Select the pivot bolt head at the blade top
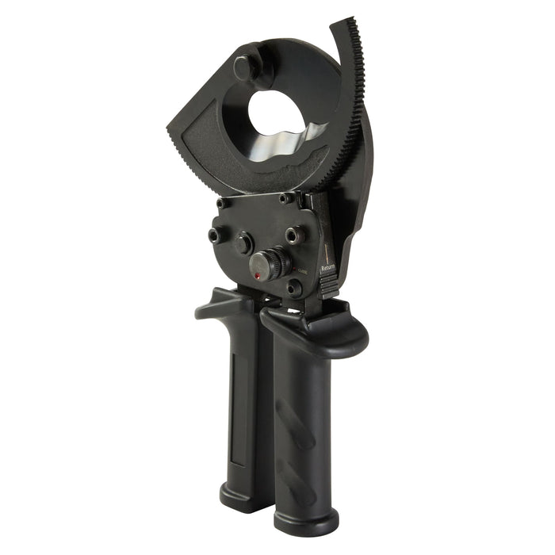[247, 66]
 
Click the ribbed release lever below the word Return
[330, 285]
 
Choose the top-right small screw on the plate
[285, 198]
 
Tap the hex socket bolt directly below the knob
[293, 289]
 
